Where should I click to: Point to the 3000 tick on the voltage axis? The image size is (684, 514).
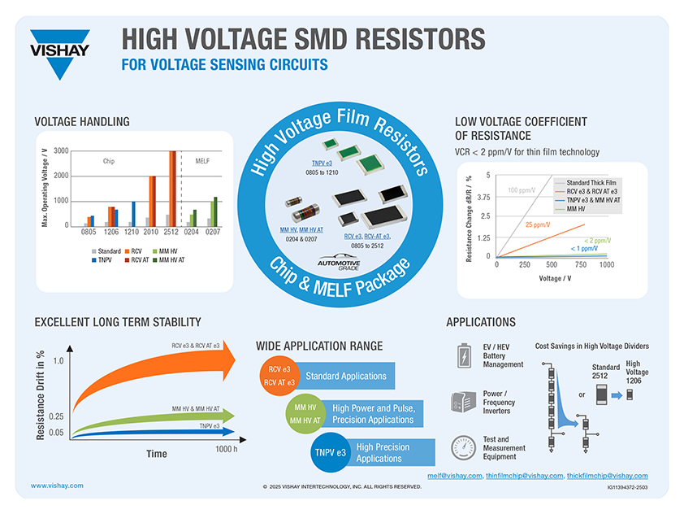pos(61,151)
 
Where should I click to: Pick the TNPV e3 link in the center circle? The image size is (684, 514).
pos(323,163)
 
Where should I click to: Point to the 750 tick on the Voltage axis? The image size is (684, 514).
pos(579,265)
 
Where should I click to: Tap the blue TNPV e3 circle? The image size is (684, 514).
pos(330,452)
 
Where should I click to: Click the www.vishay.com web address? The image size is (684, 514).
pos(57,486)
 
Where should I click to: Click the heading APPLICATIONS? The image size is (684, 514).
pos(480,322)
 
